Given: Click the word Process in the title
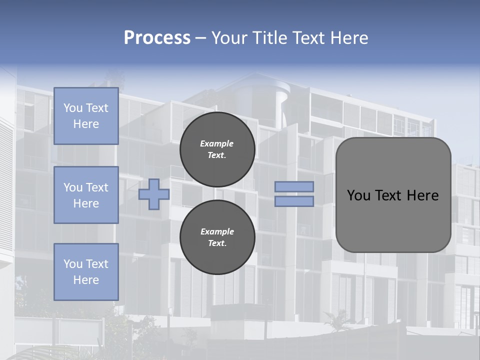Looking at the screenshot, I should click(157, 38).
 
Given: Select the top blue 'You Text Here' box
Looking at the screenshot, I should click(86, 116).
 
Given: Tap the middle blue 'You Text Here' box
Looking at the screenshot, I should click(86, 195).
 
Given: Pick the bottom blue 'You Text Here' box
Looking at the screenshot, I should click(86, 271).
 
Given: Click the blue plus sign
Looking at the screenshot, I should click(154, 194).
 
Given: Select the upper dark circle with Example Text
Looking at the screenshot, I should click(217, 149).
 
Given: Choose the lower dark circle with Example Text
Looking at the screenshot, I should click(217, 237).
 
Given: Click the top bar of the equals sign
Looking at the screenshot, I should click(294, 187).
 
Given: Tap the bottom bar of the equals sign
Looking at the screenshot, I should click(294, 201).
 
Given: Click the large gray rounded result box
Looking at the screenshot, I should click(393, 220).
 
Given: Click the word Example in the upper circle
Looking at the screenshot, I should click(217, 143).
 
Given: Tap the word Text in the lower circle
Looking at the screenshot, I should click(217, 243).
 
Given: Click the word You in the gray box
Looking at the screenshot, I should click(358, 195).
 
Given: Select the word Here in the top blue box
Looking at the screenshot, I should click(86, 124).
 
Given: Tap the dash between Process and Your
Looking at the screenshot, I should click(201, 38).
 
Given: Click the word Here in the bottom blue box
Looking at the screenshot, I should click(86, 280).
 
